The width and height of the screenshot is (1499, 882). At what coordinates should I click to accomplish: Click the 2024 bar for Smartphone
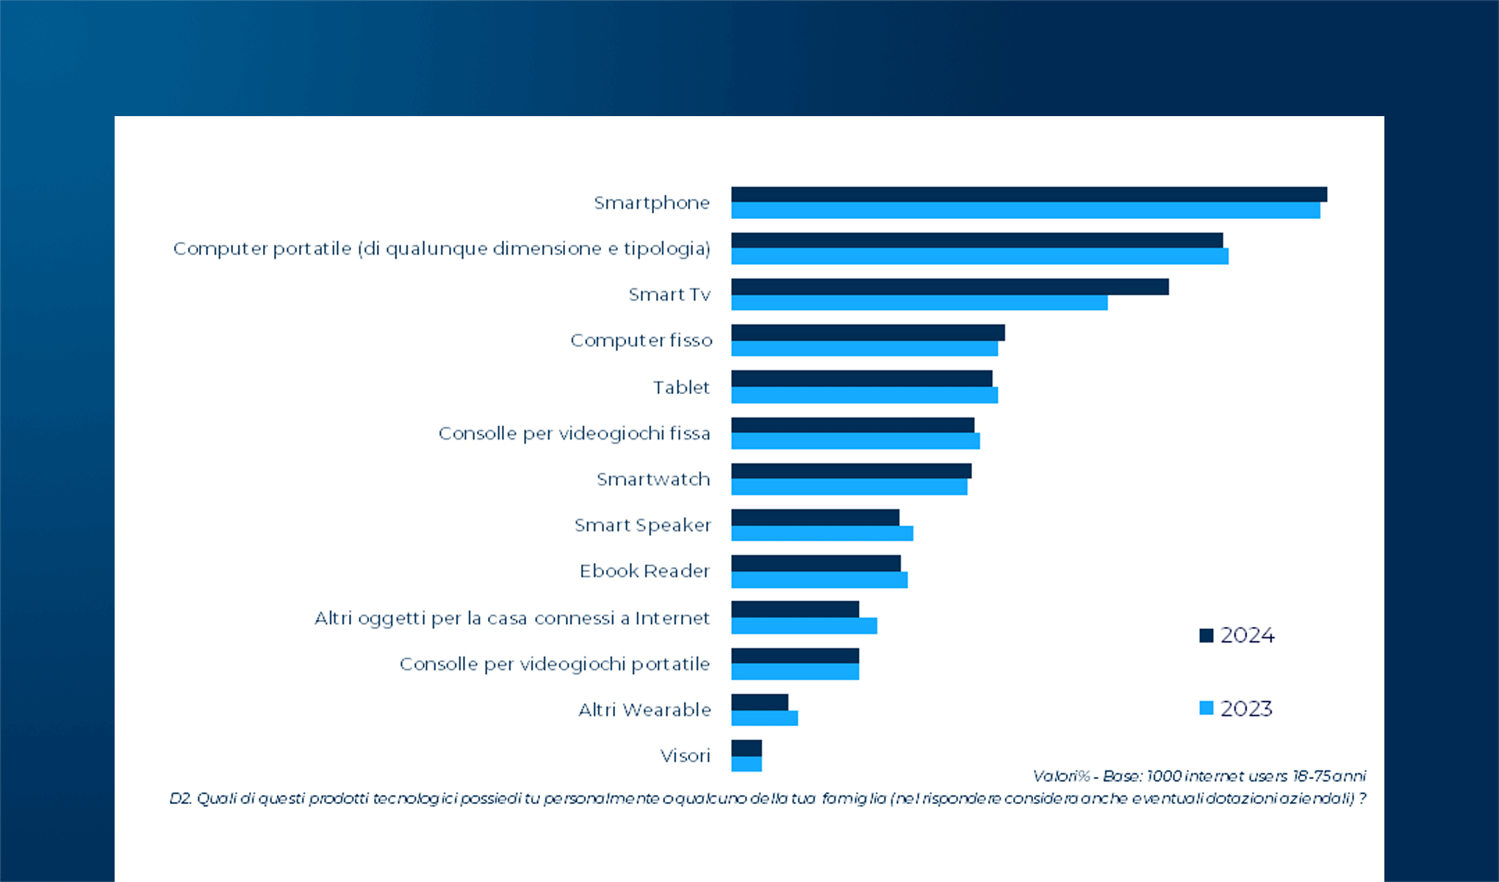[x=1029, y=194]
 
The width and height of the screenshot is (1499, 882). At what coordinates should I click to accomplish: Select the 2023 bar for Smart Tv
[x=919, y=303]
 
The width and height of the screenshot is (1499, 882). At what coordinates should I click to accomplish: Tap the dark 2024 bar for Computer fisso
[x=867, y=332]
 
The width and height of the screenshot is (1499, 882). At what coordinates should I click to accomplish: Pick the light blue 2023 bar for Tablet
[x=864, y=395]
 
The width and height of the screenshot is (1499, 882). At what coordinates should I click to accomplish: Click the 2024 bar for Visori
[x=747, y=748]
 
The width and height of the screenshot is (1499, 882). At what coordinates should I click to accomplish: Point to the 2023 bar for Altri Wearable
[x=764, y=718]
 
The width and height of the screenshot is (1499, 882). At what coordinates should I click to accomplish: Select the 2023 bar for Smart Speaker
[x=822, y=534]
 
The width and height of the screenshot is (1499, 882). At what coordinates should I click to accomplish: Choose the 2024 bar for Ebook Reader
[x=816, y=563]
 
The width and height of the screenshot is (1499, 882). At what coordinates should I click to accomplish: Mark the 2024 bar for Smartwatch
[x=851, y=470]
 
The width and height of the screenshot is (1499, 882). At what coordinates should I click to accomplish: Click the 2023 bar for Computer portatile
[x=979, y=257]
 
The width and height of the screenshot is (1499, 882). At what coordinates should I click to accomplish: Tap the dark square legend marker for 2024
[x=1206, y=635]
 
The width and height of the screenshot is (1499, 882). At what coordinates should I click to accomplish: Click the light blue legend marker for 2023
[x=1206, y=708]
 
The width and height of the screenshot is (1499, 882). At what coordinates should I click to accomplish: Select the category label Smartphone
[x=651, y=203]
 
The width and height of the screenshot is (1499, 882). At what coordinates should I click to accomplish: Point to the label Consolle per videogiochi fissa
[x=574, y=434]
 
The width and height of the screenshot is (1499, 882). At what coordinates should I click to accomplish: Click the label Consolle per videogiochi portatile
[x=554, y=664]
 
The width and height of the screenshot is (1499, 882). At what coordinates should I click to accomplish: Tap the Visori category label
[x=685, y=756]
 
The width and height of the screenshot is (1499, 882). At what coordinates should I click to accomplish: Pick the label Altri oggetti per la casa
[x=511, y=618]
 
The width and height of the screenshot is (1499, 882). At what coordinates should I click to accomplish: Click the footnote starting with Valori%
[x=1198, y=776]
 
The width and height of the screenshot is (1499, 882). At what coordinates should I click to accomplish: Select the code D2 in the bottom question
[x=180, y=798]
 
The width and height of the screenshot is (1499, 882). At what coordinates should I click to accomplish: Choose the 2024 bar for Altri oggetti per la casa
[x=795, y=609]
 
